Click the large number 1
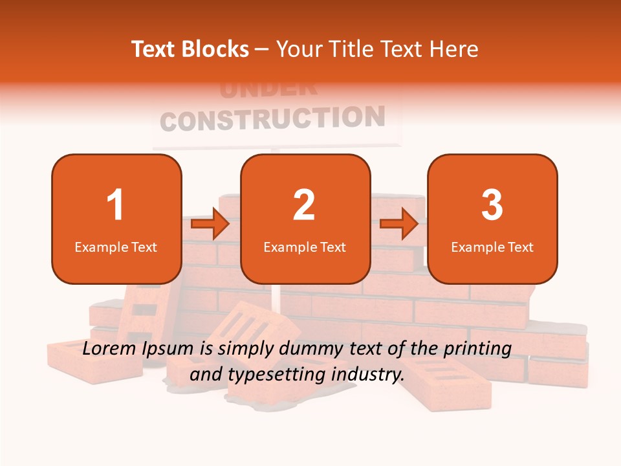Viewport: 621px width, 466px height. [115, 205]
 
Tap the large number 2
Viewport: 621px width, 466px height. [304, 205]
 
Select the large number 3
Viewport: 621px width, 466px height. [492, 205]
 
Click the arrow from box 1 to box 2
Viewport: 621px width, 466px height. [211, 224]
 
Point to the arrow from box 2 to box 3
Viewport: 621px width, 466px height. [399, 224]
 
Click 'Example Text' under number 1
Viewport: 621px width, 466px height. [116, 247]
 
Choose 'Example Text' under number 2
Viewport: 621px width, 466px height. [305, 247]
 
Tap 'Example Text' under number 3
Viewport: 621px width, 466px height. [492, 247]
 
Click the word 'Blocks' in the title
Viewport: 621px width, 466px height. [216, 49]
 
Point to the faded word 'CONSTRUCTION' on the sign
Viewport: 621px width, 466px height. [272, 119]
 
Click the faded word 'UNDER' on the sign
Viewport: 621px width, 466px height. [268, 89]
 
